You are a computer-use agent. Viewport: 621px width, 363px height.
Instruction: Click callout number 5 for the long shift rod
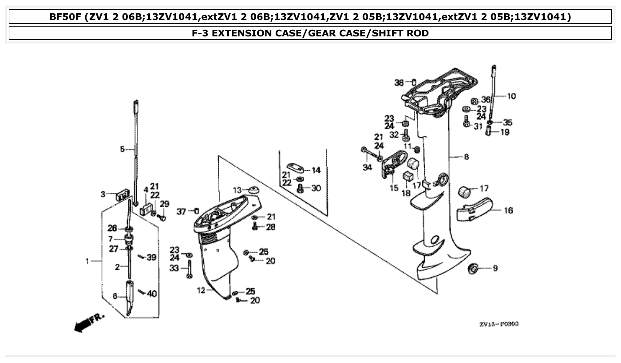tap(123, 150)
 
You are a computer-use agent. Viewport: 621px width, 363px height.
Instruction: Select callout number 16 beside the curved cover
tap(508, 210)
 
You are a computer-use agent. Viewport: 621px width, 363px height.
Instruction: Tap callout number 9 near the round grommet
tap(495, 268)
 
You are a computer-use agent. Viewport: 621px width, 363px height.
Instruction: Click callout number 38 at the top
tap(399, 82)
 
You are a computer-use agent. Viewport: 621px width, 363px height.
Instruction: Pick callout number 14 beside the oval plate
tap(316, 170)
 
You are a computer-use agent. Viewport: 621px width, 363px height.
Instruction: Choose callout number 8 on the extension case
tap(466, 157)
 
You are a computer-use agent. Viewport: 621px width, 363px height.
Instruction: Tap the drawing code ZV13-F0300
tap(498, 324)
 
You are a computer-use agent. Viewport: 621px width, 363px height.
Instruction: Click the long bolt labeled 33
tap(190, 268)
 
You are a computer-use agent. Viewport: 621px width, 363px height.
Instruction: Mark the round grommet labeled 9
tap(473, 268)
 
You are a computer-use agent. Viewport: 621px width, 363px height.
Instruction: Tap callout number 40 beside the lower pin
tap(152, 293)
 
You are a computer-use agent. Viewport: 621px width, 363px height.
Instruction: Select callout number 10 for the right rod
tap(511, 96)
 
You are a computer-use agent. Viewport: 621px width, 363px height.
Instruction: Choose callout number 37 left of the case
tap(181, 212)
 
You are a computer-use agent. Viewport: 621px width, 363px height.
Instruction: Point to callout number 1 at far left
tap(87, 261)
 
